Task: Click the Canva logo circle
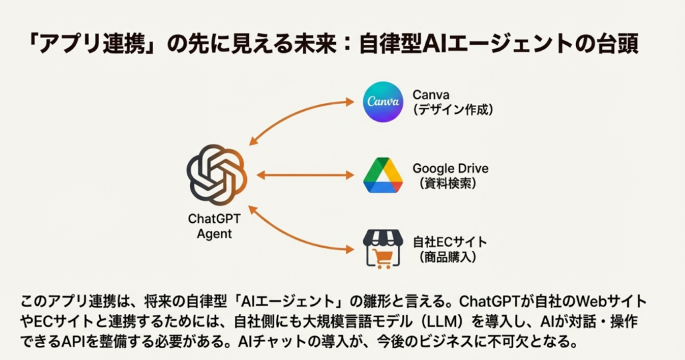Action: coord(383,102)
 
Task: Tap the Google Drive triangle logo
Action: coord(383,175)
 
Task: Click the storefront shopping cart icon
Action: coord(383,249)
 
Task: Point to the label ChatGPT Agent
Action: coord(215,226)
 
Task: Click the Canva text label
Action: coord(431,95)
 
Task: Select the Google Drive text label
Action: coord(450,168)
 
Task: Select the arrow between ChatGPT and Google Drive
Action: coord(305,175)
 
